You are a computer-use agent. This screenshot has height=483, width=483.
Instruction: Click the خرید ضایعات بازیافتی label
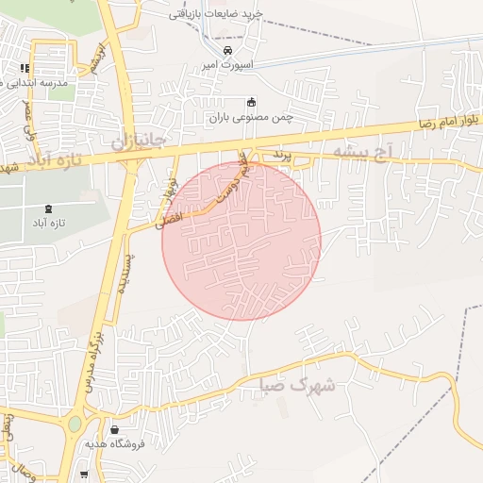click(229, 14)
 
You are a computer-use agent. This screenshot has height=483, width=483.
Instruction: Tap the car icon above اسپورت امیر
click(227, 51)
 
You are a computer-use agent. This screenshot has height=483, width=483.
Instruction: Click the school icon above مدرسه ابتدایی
click(25, 68)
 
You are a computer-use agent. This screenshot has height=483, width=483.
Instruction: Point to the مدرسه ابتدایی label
click(37, 83)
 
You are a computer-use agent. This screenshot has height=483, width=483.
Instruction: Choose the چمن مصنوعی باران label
click(251, 118)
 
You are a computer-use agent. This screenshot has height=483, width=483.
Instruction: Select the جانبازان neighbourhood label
click(139, 141)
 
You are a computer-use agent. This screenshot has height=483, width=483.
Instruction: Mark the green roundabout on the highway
click(75, 424)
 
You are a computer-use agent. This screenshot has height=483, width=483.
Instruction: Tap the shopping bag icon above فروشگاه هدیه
click(114, 429)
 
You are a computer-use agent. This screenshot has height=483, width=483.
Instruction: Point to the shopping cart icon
click(84, 474)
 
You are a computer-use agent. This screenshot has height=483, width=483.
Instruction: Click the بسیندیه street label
click(124, 274)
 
